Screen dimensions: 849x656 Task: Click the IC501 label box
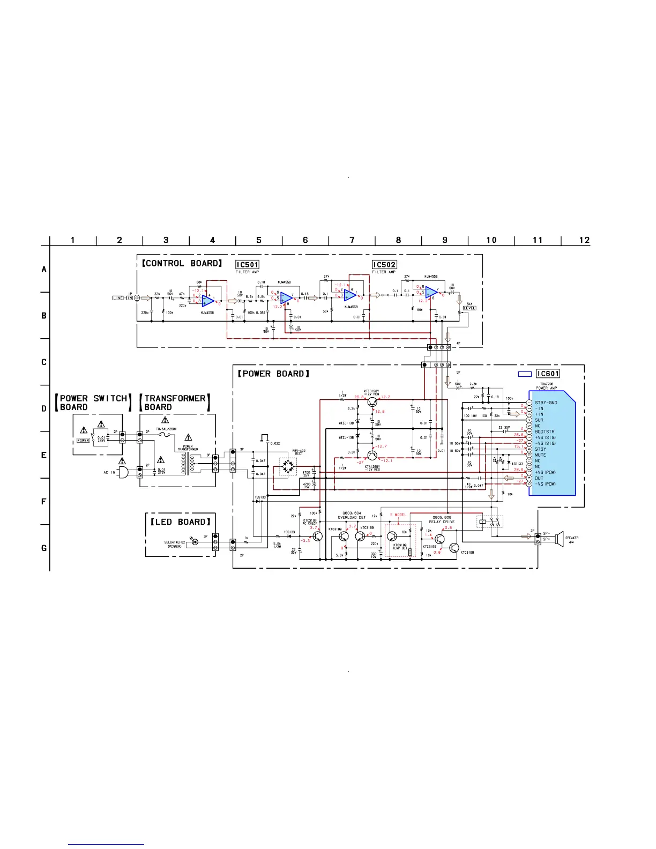tap(247, 265)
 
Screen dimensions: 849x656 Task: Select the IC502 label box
tap(384, 265)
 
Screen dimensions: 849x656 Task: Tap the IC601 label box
tap(548, 374)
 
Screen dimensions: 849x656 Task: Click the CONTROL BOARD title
tap(182, 263)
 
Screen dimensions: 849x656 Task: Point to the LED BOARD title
tap(180, 522)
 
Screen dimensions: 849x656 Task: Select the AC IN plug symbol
tap(123, 472)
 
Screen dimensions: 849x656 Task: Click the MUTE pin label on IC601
tap(540, 455)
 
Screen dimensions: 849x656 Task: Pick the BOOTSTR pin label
tap(545, 431)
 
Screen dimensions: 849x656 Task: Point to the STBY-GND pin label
tap(546, 403)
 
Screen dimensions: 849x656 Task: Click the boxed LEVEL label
tap(469, 308)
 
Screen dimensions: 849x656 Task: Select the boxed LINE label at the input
tap(118, 298)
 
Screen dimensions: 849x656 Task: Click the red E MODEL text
tap(398, 515)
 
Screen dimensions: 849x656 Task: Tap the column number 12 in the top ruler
tap(584, 240)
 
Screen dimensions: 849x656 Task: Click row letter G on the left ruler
tap(44, 548)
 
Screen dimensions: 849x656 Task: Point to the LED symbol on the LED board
tap(195, 542)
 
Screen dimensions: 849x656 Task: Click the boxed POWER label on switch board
tap(83, 440)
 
